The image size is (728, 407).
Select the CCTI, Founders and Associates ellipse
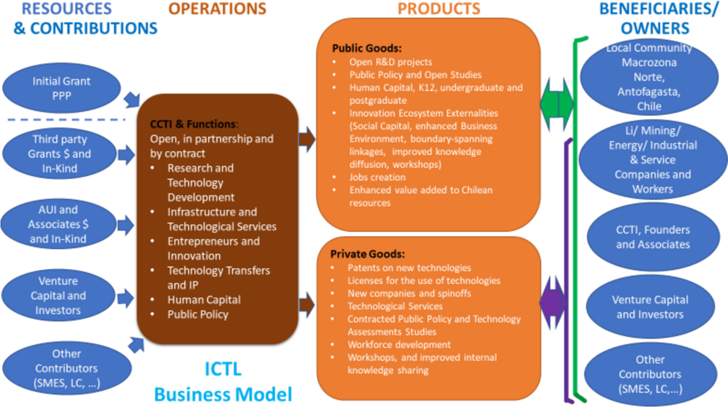coord(653,237)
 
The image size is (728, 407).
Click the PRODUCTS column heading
coord(439,9)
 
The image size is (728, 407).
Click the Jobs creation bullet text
coord(377,177)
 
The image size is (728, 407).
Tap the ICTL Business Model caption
coord(223,381)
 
